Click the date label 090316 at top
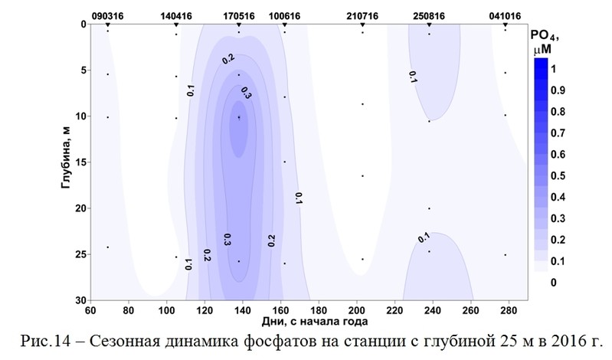pos(107,15)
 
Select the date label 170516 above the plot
pos(239,15)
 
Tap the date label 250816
pos(429,15)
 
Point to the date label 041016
pos(505,15)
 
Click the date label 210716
pos(362,15)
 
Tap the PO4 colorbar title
pos(545,42)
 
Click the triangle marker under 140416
pos(176,25)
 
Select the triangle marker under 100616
pos(284,25)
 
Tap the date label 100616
pos(284,15)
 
